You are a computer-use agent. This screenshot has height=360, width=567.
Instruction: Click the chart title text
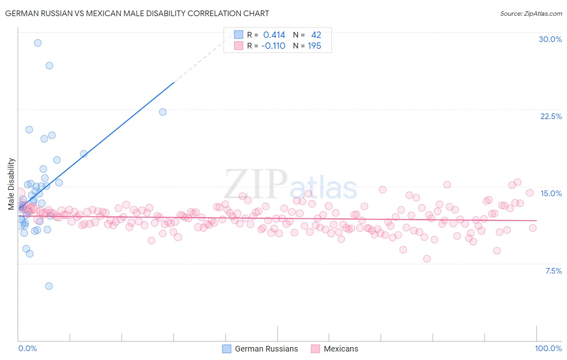(x=137, y=13)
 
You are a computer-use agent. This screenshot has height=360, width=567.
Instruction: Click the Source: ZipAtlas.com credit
(x=531, y=13)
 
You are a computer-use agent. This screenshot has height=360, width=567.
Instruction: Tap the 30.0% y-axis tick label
(x=550, y=39)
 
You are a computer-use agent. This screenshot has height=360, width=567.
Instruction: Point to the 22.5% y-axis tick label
(x=551, y=116)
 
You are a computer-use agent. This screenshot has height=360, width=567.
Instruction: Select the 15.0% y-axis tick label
(x=551, y=193)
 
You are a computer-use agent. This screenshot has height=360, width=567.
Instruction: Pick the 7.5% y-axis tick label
(x=553, y=271)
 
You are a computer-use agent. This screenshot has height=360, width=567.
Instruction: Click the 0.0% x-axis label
(x=28, y=348)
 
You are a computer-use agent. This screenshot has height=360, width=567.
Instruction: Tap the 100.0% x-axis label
(x=548, y=348)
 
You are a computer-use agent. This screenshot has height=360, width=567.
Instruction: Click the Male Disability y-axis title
(x=11, y=184)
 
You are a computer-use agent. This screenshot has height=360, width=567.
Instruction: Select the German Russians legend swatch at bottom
(x=227, y=349)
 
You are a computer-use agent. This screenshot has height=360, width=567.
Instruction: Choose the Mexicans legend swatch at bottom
(x=315, y=349)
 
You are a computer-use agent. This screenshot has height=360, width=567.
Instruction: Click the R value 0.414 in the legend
(x=274, y=35)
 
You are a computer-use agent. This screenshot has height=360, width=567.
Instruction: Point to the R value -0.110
(x=273, y=46)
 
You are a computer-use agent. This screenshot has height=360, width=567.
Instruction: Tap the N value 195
(x=314, y=46)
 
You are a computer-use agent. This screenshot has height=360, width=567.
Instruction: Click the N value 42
(x=316, y=35)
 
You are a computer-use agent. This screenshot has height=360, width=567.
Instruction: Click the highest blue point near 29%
(x=38, y=43)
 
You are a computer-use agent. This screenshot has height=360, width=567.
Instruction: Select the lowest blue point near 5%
(x=49, y=286)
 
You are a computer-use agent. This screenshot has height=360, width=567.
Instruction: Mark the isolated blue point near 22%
(x=163, y=112)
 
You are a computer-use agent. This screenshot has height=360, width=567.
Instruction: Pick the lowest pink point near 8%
(x=427, y=259)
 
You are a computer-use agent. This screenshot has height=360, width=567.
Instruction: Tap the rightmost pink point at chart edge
(x=533, y=228)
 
